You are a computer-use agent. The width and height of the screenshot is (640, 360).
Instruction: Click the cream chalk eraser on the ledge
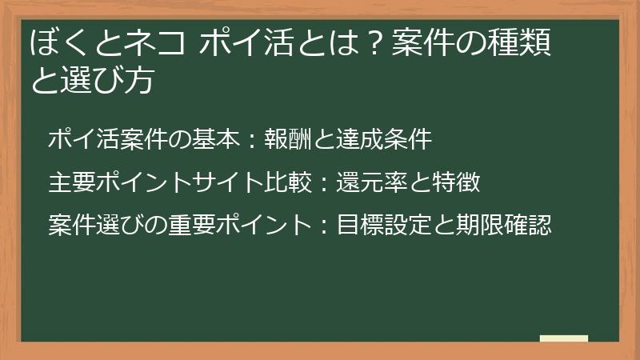pyautogui.click(x=564, y=338)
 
